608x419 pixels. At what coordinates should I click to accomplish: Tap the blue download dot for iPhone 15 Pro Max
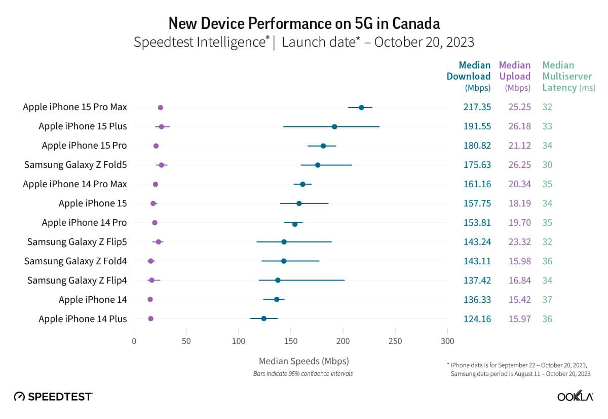pyautogui.click(x=361, y=108)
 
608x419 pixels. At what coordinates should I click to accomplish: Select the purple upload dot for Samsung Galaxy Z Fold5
pyautogui.click(x=161, y=165)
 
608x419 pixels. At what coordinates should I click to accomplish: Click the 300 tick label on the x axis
pyautogui.click(x=447, y=341)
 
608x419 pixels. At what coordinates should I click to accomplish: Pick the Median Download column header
pyautogui.click(x=468, y=76)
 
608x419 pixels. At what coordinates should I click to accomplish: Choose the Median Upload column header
pyautogui.click(x=515, y=76)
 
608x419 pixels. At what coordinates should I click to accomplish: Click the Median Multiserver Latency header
pyautogui.click(x=567, y=76)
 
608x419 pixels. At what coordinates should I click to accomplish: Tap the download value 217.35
pyautogui.click(x=477, y=107)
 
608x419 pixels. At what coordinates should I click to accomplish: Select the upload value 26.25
pyautogui.click(x=519, y=165)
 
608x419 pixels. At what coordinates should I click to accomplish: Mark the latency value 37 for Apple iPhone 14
pyautogui.click(x=547, y=300)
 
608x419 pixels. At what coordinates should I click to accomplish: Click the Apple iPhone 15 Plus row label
pyautogui.click(x=83, y=126)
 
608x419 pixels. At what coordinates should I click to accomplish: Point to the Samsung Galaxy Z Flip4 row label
pyautogui.click(x=77, y=281)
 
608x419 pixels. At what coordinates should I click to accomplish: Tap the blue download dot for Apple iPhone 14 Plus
pyautogui.click(x=263, y=319)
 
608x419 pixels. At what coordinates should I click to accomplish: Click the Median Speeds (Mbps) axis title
pyautogui.click(x=303, y=361)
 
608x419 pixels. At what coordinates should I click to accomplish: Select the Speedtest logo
pyautogui.click(x=53, y=396)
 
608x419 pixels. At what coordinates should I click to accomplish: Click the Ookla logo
pyautogui.click(x=575, y=397)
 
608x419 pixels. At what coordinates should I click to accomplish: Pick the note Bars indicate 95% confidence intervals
pyautogui.click(x=303, y=374)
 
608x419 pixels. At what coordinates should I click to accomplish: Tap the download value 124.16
pyautogui.click(x=477, y=319)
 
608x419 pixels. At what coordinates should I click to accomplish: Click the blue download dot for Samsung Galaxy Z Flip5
pyautogui.click(x=284, y=242)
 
